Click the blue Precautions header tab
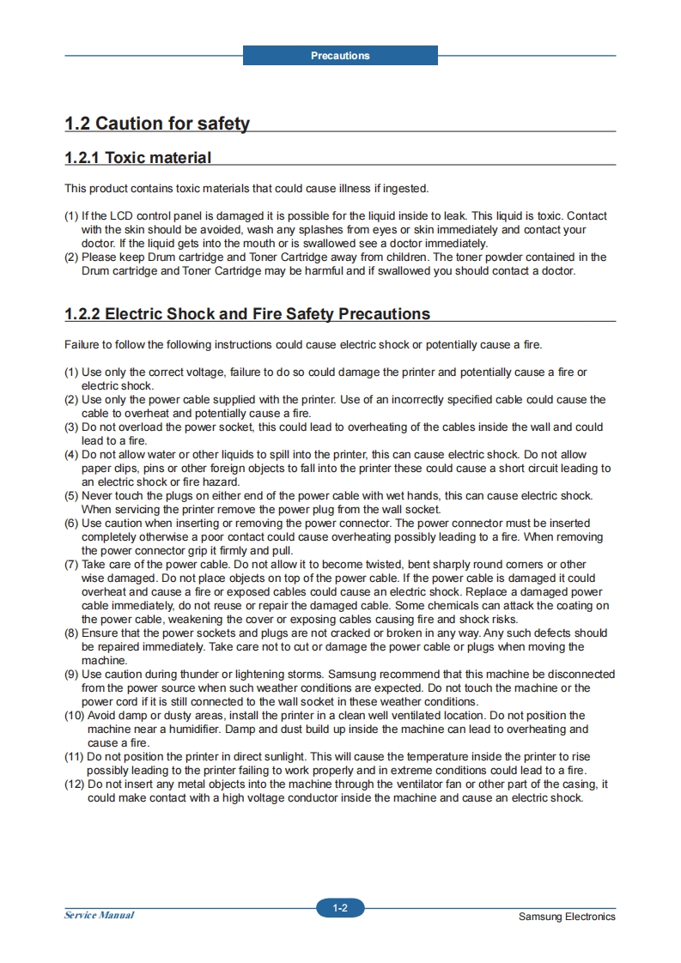pyautogui.click(x=340, y=56)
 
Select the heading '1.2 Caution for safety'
pyautogui.click(x=157, y=124)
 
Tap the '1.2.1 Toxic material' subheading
pyautogui.click(x=137, y=158)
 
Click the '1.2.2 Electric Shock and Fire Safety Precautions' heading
pyautogui.click(x=247, y=314)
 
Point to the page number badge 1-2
pyautogui.click(x=340, y=908)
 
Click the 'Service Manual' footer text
pyautogui.click(x=99, y=915)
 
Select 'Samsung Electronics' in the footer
pyautogui.click(x=567, y=917)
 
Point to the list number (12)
pyautogui.click(x=74, y=784)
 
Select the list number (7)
pyautogui.click(x=71, y=565)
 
